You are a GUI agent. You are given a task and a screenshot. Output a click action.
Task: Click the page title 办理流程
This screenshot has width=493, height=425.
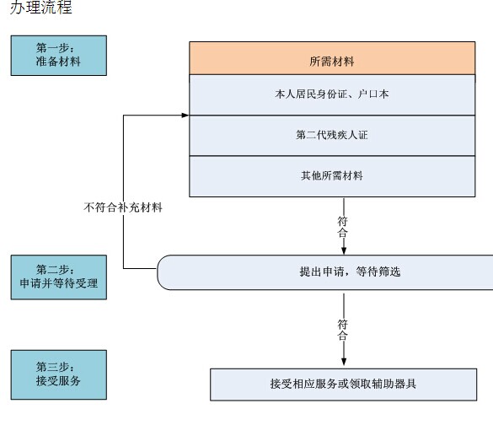click(x=41, y=7)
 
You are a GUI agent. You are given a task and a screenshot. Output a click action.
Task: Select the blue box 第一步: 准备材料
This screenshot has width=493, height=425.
click(x=59, y=56)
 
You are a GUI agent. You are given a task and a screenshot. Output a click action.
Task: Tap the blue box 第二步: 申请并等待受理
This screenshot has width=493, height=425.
click(x=59, y=277)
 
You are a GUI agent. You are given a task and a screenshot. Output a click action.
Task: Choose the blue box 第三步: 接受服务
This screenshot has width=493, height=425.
click(x=59, y=374)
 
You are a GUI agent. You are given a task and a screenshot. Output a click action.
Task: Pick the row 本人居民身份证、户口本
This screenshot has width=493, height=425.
click(x=332, y=94)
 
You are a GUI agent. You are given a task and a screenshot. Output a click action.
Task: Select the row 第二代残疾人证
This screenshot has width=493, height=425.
click(x=332, y=136)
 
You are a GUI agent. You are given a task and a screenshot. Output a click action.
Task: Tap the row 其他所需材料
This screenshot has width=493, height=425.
click(x=332, y=176)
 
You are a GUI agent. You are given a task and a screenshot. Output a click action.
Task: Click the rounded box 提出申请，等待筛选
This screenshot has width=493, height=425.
click(x=325, y=272)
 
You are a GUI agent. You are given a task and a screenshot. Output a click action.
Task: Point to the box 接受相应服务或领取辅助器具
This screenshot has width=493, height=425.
click(x=343, y=385)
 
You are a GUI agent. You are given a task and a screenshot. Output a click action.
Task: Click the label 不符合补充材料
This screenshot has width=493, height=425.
click(x=123, y=207)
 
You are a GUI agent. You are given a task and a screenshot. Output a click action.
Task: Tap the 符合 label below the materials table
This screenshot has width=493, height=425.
click(x=343, y=227)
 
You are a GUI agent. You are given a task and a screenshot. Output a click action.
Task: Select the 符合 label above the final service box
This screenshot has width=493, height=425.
click(x=343, y=330)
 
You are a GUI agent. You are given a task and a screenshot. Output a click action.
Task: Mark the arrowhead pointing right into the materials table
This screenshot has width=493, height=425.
click(x=185, y=116)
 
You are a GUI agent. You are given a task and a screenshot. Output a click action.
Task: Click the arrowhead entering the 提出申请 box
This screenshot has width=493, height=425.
click(x=344, y=250)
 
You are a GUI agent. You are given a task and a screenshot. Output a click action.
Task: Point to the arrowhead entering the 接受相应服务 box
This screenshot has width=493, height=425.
click(x=344, y=362)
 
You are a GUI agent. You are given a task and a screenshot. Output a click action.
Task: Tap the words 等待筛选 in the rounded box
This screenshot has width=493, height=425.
click(x=378, y=272)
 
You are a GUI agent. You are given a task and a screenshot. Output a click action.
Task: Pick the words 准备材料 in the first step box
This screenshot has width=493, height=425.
click(x=58, y=62)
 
